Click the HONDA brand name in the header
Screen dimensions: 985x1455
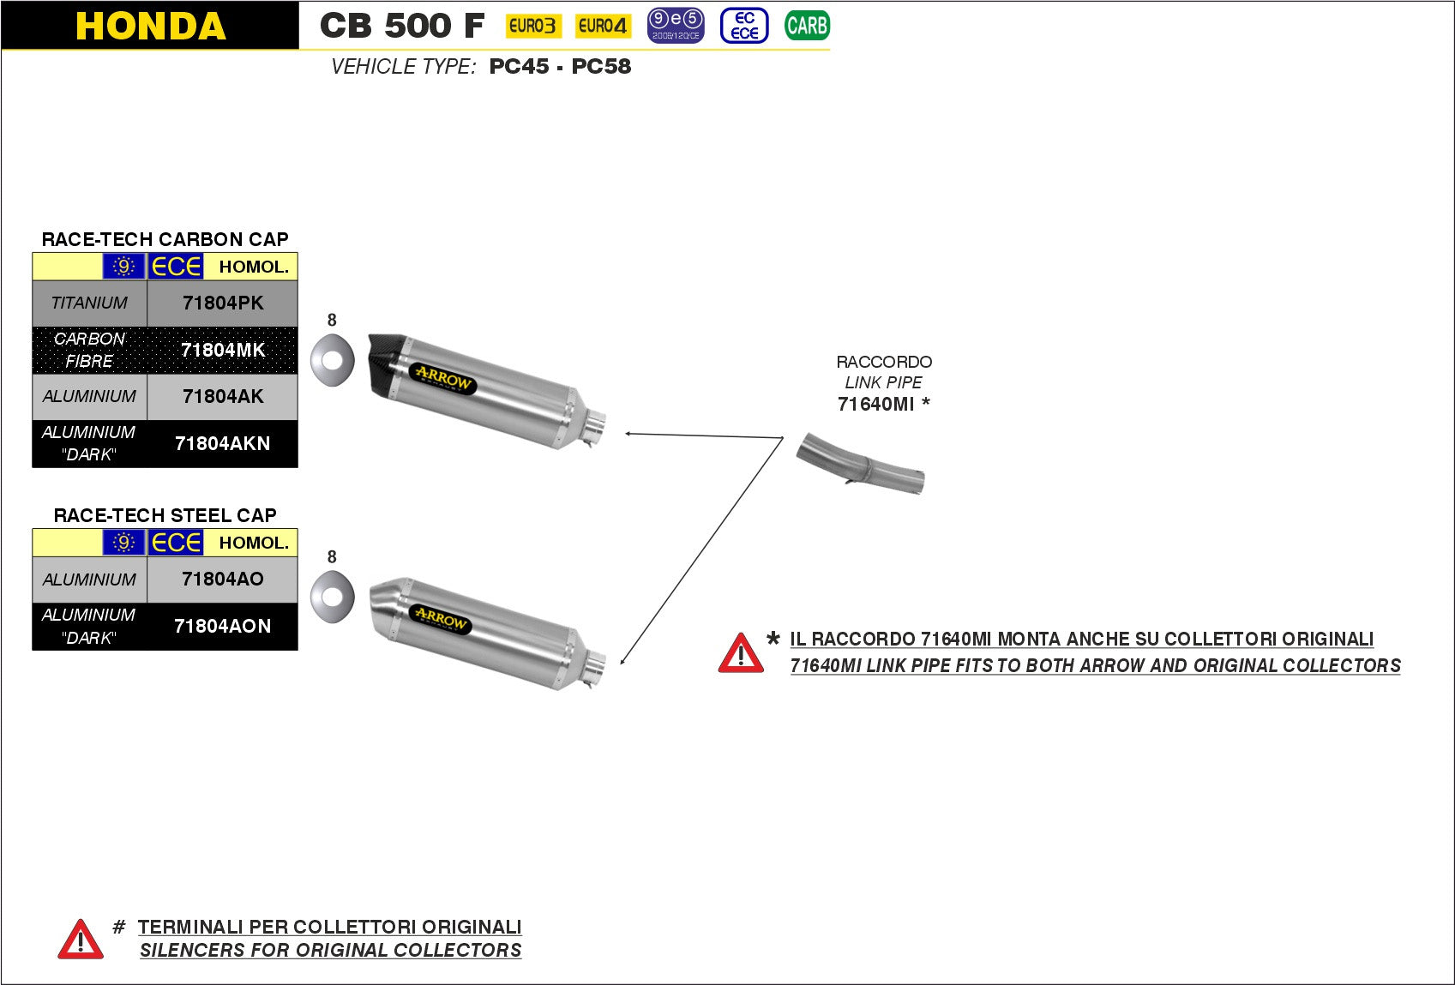tap(151, 26)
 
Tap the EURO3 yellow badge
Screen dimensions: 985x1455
tap(532, 26)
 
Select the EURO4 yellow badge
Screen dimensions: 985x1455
tap(602, 26)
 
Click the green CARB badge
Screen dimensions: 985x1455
tap(807, 26)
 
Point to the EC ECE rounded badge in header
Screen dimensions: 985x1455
tap(744, 26)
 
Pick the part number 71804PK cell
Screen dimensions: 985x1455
tap(223, 303)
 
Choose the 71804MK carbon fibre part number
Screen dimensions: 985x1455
tap(223, 350)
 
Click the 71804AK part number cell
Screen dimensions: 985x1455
tap(223, 396)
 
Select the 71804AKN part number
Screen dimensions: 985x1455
tap(223, 443)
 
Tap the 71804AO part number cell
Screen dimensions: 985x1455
tap(223, 579)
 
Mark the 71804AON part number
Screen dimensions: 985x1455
tap(223, 626)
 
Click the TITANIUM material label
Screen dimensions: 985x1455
tap(89, 303)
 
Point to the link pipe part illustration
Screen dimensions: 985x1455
tap(861, 465)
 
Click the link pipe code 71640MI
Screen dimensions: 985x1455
tap(876, 404)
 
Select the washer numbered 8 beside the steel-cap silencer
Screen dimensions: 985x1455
tap(333, 596)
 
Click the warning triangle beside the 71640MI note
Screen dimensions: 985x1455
tap(741, 654)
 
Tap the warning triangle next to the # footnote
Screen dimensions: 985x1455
tap(81, 940)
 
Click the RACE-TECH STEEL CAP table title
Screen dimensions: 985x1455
tap(165, 515)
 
